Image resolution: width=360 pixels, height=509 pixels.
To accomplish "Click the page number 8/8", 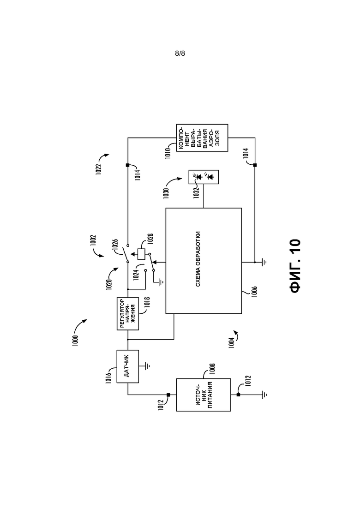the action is coord(180,54).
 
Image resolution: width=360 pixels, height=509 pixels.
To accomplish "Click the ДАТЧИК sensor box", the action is coord(127,366).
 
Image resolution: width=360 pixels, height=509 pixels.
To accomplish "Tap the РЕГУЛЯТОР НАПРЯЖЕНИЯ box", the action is coord(127,314).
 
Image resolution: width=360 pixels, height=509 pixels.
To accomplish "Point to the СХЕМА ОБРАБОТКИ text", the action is coord(198,259).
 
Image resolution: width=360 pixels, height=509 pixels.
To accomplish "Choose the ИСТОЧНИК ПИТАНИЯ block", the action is coord(204,395).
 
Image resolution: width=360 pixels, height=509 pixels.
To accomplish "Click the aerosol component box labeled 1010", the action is coord(202,138).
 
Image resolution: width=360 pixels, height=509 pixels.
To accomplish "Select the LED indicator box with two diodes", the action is coord(204,177).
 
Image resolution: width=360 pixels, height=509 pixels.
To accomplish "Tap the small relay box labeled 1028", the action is coord(142,254).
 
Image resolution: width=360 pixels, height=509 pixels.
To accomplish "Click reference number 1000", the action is coord(75,340).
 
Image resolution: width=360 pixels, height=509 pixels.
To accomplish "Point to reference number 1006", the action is coord(254,292).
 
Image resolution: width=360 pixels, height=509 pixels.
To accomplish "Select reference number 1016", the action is coord(108,378).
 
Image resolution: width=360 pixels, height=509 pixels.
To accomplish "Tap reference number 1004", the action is coord(231,343).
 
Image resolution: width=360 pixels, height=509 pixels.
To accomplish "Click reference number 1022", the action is coord(99,169).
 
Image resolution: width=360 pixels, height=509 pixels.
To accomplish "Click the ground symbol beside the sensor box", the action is coord(147,366).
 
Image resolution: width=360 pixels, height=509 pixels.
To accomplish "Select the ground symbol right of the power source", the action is coord(264,395).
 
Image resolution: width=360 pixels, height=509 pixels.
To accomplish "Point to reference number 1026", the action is coord(115,245).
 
